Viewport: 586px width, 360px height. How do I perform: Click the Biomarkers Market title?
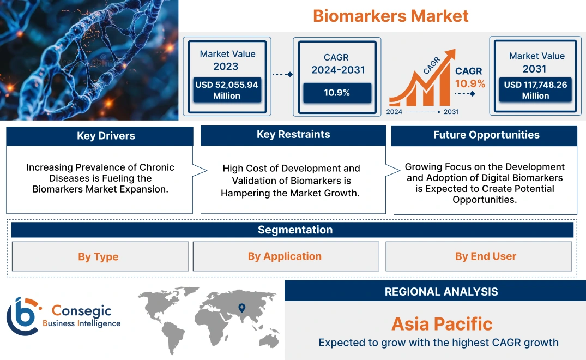pyautogui.click(x=390, y=15)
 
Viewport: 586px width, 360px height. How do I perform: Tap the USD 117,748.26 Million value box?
pyautogui.click(x=535, y=90)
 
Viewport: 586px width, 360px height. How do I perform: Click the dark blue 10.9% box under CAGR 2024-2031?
pyautogui.click(x=337, y=93)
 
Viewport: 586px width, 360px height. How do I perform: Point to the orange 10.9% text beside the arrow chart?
pyautogui.click(x=470, y=84)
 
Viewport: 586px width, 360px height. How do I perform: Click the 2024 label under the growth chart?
pyautogui.click(x=395, y=112)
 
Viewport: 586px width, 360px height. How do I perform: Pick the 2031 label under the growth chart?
pyautogui.click(x=451, y=112)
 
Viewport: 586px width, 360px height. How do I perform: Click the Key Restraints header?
pyautogui.click(x=293, y=135)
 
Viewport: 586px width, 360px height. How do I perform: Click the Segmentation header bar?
pyautogui.click(x=295, y=230)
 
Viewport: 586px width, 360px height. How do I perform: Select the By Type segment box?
pyautogui.click(x=98, y=257)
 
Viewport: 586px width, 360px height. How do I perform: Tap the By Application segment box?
pyautogui.click(x=285, y=256)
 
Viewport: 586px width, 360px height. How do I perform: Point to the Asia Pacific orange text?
pyautogui.click(x=442, y=324)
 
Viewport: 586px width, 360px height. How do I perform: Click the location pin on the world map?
pyautogui.click(x=241, y=309)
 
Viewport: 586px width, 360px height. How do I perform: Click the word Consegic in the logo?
pyautogui.click(x=81, y=311)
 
